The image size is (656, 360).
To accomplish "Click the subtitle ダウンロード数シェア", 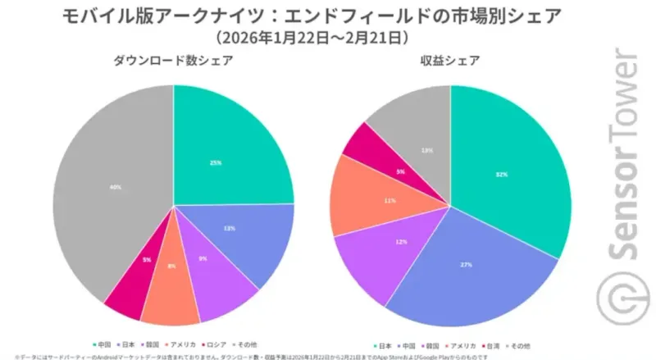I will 173,60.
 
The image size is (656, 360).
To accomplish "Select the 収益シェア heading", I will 451,60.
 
